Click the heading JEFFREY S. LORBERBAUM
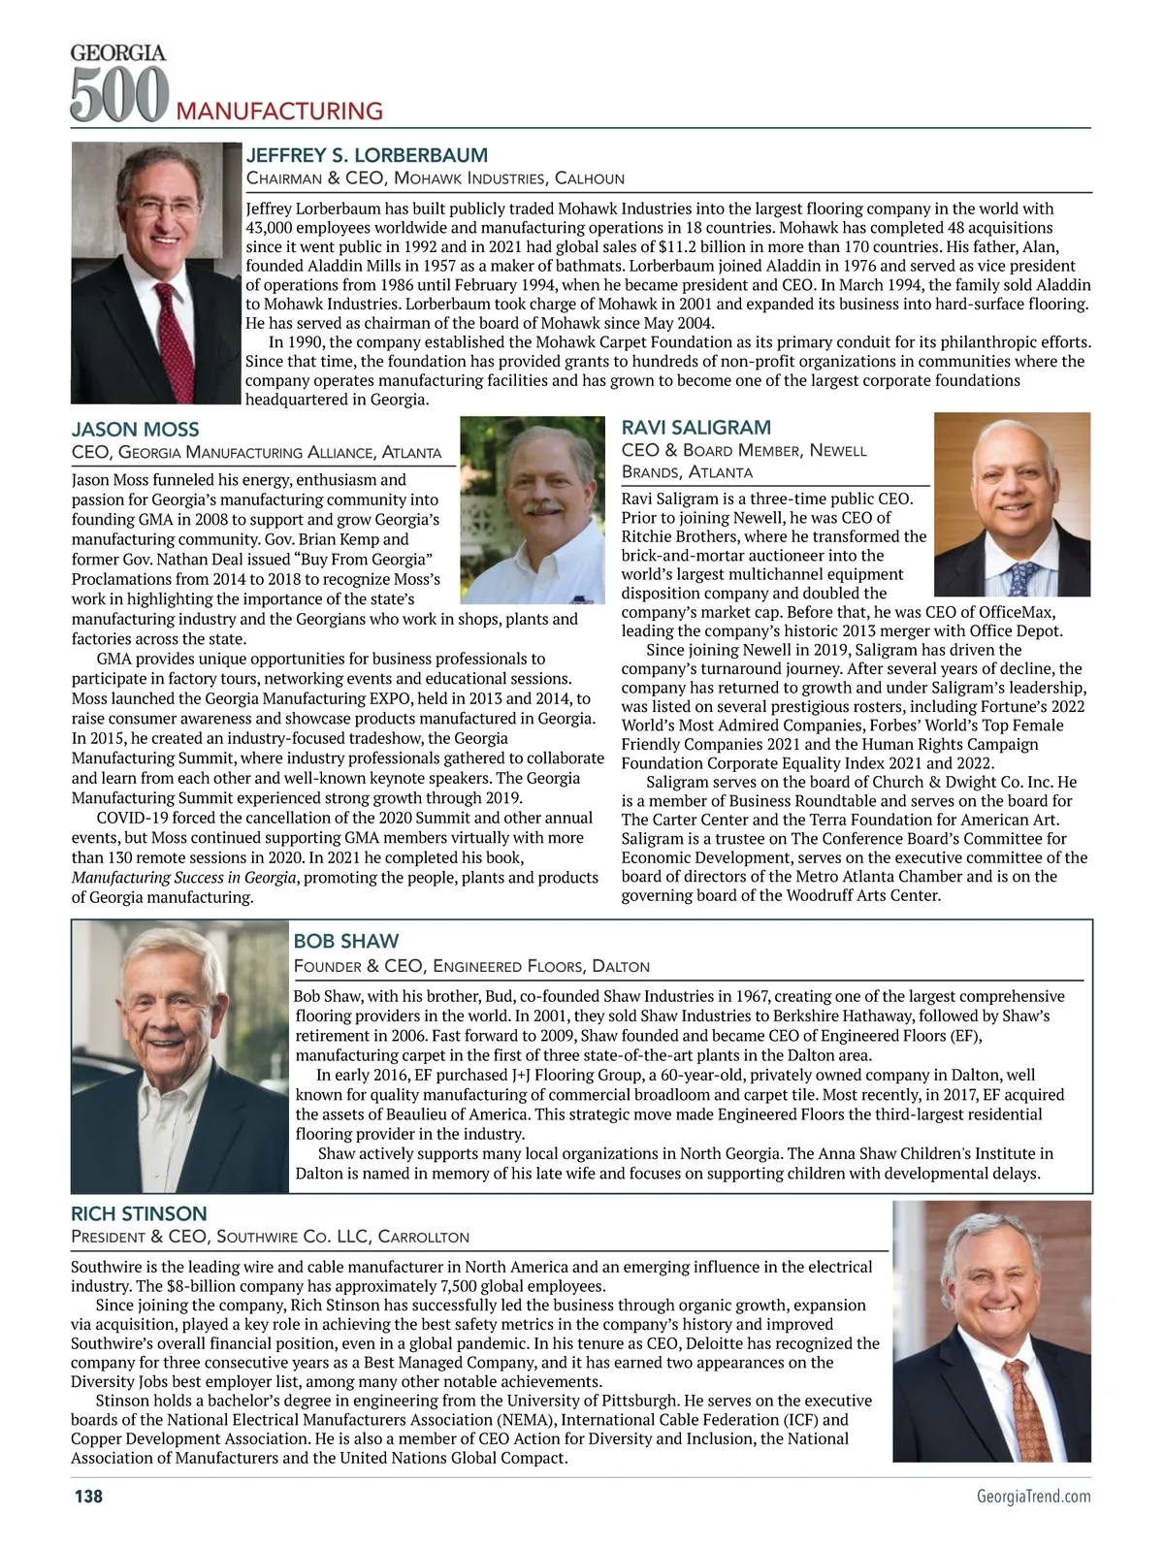[367, 155]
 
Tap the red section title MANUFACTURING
[279, 111]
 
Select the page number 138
[88, 1496]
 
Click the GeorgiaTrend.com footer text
[1033, 1496]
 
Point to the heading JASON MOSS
[136, 429]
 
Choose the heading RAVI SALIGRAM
[696, 427]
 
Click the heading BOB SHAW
[346, 941]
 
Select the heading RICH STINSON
[139, 1213]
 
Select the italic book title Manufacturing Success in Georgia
[184, 877]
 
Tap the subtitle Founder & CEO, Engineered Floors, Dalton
[471, 966]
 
